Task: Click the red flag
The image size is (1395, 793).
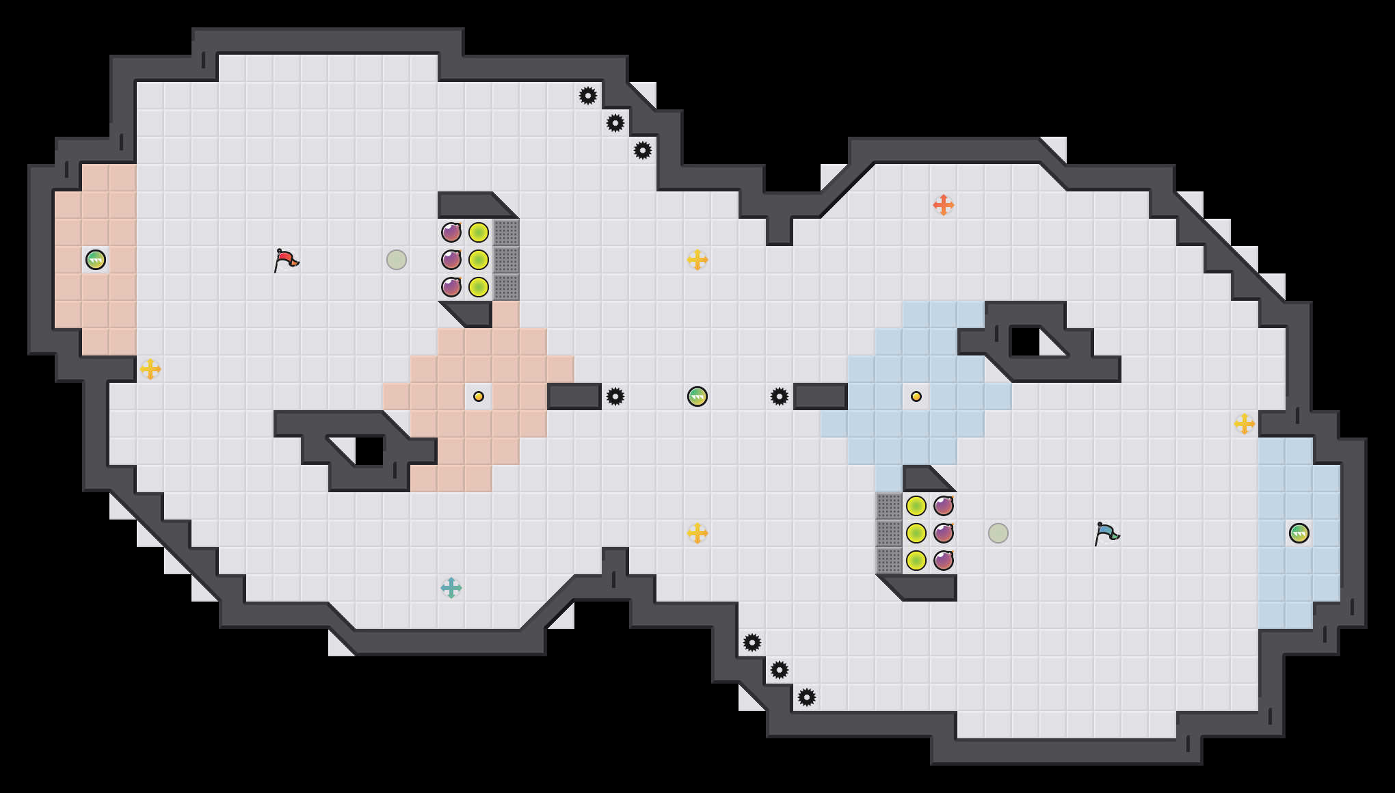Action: point(286,260)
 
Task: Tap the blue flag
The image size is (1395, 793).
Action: point(1106,533)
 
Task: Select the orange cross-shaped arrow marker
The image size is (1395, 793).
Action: point(944,205)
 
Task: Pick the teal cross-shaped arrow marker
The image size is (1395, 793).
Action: point(451,588)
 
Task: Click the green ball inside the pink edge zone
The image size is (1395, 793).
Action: point(96,260)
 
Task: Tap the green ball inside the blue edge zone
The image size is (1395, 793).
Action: point(1299,533)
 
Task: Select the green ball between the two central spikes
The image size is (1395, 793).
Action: point(697,396)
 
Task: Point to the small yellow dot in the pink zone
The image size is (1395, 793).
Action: point(479,396)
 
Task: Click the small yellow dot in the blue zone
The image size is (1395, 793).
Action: point(916,396)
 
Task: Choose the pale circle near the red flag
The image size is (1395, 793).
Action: point(397,260)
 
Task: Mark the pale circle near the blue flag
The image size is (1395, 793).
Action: point(998,533)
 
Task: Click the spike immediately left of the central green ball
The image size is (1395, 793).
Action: point(615,396)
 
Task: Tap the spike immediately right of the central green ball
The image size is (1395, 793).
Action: point(780,396)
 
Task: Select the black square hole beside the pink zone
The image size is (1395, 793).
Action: point(369,451)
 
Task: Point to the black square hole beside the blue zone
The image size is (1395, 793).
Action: point(1024,342)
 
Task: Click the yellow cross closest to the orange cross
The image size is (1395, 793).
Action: point(697,260)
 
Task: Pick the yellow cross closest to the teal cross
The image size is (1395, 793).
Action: point(697,533)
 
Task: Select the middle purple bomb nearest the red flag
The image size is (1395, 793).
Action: point(451,260)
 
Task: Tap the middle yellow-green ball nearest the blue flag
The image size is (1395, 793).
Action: point(916,533)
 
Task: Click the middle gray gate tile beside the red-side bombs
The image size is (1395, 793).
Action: point(506,260)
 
